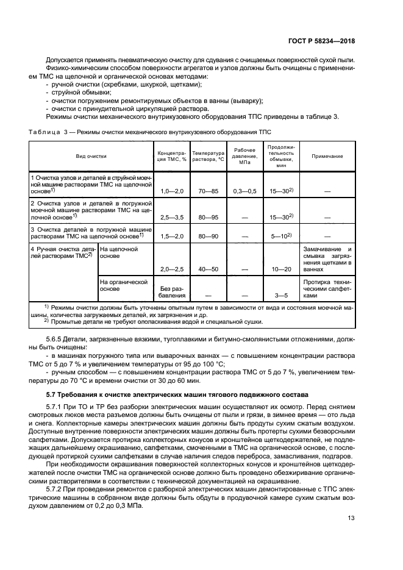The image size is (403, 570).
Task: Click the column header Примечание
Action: pyautogui.click(x=327, y=156)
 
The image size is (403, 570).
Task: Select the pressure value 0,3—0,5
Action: pyautogui.click(x=244, y=191)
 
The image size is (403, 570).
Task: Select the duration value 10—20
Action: pyautogui.click(x=280, y=269)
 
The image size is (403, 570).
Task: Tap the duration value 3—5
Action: pyautogui.click(x=280, y=296)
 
